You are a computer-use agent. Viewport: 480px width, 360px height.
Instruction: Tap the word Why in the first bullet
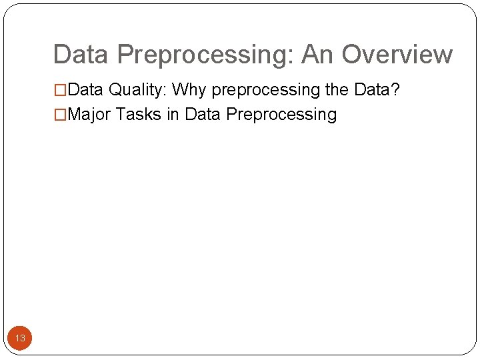pos(190,90)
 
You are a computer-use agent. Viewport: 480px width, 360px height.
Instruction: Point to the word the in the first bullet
pos(337,89)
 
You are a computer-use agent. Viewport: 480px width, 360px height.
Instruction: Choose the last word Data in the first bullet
pos(372,89)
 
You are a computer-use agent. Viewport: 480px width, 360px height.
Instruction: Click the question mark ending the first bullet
pos(395,89)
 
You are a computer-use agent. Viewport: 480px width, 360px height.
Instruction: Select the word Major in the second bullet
pos(89,115)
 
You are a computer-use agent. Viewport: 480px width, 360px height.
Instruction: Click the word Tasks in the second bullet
pos(139,114)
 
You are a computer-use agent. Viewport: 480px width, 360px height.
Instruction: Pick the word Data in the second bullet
pos(203,114)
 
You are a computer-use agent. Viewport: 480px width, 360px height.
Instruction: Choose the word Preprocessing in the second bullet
pos(281,115)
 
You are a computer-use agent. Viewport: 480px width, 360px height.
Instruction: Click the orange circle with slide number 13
pos(20,338)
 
